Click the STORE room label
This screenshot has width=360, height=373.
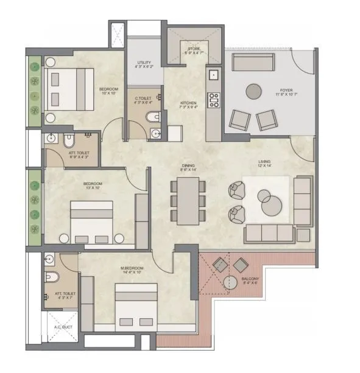[x=192, y=48]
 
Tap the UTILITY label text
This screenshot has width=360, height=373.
[x=144, y=63]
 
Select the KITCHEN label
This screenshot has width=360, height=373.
[x=188, y=103]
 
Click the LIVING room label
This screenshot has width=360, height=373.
[x=264, y=161]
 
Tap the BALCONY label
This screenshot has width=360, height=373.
[x=250, y=279]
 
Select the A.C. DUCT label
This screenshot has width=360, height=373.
[x=63, y=327]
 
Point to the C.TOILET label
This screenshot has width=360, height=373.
[x=144, y=99]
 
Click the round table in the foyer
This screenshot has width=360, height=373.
[x=254, y=91]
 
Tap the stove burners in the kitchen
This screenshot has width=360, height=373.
[x=213, y=100]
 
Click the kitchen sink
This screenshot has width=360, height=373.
[x=213, y=75]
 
